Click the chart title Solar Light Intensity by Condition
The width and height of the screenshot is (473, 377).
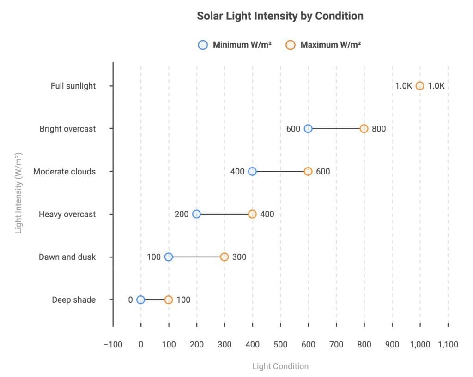tap(280, 16)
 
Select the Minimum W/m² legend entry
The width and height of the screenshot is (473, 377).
tap(234, 45)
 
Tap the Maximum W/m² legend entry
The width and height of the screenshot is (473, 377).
tap(323, 45)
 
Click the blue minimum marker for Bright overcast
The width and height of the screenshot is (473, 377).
tap(308, 129)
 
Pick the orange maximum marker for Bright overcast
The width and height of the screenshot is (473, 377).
tap(364, 129)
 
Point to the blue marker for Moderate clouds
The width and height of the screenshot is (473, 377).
tap(252, 172)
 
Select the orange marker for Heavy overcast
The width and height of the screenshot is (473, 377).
tap(252, 214)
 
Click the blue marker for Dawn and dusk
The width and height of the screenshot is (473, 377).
tap(169, 257)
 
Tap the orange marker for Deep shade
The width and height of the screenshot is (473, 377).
tap(169, 300)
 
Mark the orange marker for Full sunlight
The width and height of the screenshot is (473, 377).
tap(419, 86)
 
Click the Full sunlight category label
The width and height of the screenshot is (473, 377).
tap(73, 86)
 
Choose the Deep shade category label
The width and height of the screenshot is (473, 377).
tap(73, 300)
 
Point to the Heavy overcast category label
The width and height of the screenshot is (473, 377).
tap(67, 214)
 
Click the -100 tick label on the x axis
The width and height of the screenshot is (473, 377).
tap(113, 344)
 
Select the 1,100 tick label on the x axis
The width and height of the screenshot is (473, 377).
tap(448, 344)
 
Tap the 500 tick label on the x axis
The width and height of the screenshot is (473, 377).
tap(280, 344)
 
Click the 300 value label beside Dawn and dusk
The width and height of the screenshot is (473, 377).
tap(239, 257)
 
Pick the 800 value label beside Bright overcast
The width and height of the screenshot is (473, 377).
tap(379, 129)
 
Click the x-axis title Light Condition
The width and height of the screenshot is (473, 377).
tap(280, 366)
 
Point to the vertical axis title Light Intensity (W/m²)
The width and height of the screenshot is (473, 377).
tap(19, 193)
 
